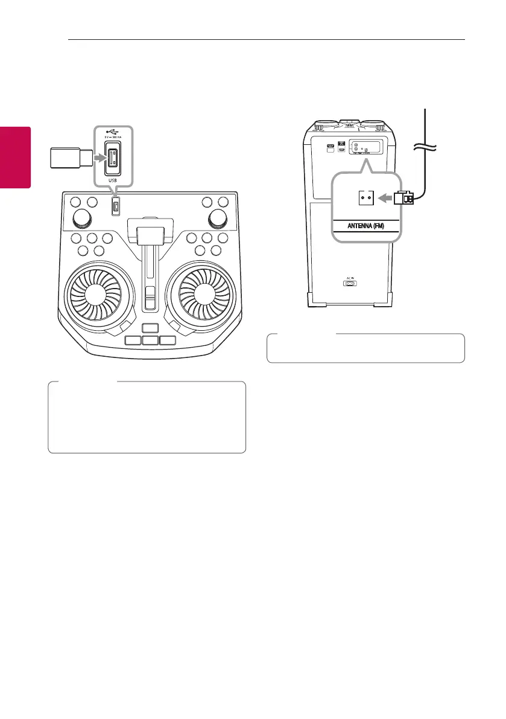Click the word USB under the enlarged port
113,180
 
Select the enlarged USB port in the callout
113,159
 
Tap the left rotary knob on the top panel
81,218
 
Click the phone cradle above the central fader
150,233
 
